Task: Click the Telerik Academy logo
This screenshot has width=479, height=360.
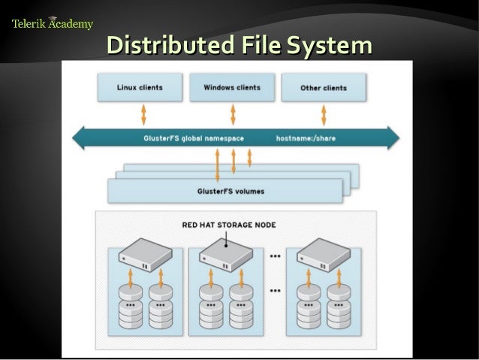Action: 53,23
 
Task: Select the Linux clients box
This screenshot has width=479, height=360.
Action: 140,87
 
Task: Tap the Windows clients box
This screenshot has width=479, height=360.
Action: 232,87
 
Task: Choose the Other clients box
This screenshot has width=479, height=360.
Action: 324,88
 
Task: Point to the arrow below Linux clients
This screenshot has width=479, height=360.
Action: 143,114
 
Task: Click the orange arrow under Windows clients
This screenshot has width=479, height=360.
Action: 233,114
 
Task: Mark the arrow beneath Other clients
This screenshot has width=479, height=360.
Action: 324,114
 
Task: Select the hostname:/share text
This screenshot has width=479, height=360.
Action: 305,138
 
